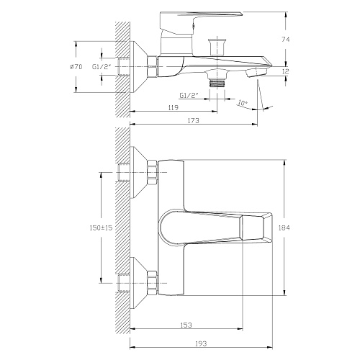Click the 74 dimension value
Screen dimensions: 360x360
click(x=285, y=40)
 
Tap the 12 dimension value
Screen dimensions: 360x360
click(x=285, y=71)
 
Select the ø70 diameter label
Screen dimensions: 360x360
click(x=76, y=67)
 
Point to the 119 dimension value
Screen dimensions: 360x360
click(x=174, y=107)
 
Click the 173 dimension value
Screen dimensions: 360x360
click(x=194, y=120)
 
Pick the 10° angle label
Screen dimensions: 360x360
click(x=243, y=103)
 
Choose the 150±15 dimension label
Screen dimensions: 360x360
click(x=101, y=228)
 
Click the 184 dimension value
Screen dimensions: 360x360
click(x=284, y=228)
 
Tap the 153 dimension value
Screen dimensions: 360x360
click(x=186, y=325)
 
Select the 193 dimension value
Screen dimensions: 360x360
click(x=201, y=343)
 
